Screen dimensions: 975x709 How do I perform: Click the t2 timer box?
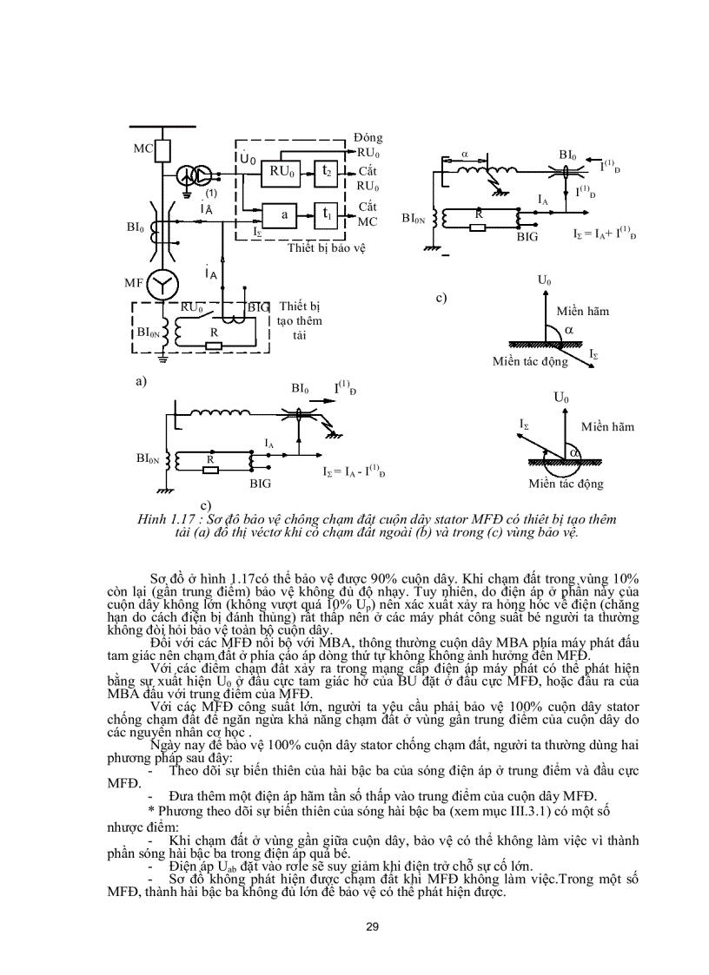pyautogui.click(x=327, y=173)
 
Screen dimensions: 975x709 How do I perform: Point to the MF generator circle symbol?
pyautogui.click(x=162, y=285)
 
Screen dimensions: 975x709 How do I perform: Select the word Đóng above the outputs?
pyautogui.click(x=368, y=138)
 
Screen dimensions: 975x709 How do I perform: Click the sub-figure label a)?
pyautogui.click(x=140, y=380)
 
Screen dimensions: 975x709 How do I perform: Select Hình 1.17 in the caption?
pyautogui.click(x=162, y=519)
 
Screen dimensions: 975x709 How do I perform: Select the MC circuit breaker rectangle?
pyautogui.click(x=162, y=149)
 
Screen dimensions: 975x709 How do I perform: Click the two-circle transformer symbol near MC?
pyautogui.click(x=192, y=176)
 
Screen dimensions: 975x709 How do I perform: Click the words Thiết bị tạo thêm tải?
pyautogui.click(x=299, y=320)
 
